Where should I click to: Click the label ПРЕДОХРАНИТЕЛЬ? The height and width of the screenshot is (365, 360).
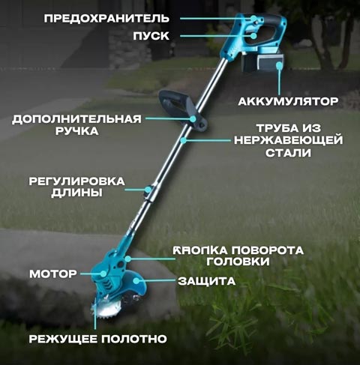[x=106, y=19]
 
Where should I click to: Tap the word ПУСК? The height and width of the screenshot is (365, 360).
[x=151, y=36]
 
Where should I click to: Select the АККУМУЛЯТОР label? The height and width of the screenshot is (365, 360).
[x=288, y=101]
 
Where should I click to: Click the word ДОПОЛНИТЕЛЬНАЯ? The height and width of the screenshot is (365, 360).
[x=76, y=119]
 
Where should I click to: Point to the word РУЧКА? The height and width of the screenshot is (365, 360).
[x=76, y=131]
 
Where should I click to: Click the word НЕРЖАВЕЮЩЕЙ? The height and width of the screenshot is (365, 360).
[x=289, y=140]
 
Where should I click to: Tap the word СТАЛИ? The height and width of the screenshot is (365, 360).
[x=288, y=153]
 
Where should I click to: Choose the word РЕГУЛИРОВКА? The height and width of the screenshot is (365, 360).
[x=76, y=181]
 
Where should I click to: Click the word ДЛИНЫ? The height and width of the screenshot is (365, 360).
[x=76, y=193]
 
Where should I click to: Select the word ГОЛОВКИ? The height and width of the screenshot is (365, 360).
[x=238, y=262]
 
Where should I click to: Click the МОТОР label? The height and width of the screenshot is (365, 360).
[x=53, y=274]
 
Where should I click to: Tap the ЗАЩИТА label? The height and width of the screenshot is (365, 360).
[x=207, y=281]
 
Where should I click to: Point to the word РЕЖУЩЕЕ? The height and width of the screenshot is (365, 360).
[x=63, y=339]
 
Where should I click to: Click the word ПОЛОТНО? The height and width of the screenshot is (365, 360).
[x=134, y=339]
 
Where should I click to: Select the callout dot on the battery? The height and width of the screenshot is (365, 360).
[x=279, y=66]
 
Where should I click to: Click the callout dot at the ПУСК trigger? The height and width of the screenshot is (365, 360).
[x=253, y=36]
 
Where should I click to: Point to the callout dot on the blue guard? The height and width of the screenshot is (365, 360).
[x=136, y=281]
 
